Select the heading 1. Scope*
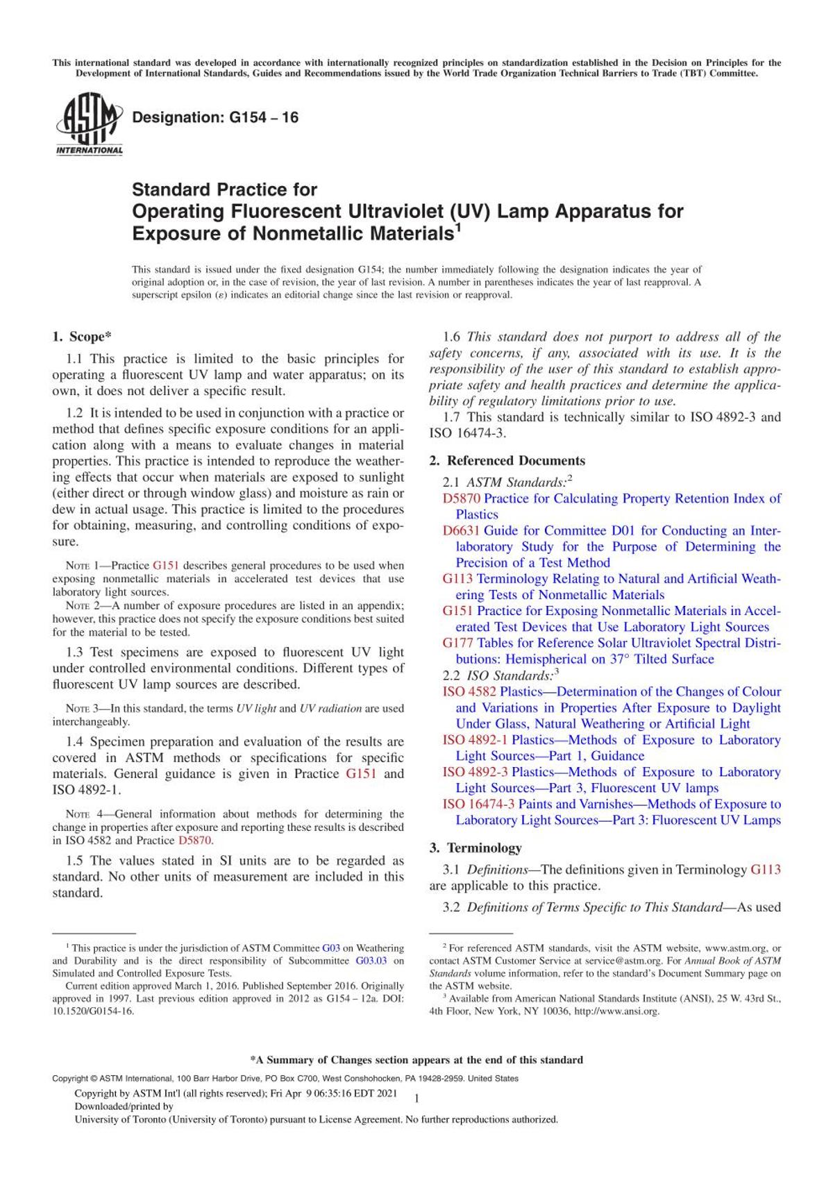coord(82,337)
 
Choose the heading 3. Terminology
coord(484,848)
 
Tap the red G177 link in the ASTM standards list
coord(458,643)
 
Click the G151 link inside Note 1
coord(166,566)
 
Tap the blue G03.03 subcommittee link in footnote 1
coord(371,961)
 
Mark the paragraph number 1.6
coord(452,337)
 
